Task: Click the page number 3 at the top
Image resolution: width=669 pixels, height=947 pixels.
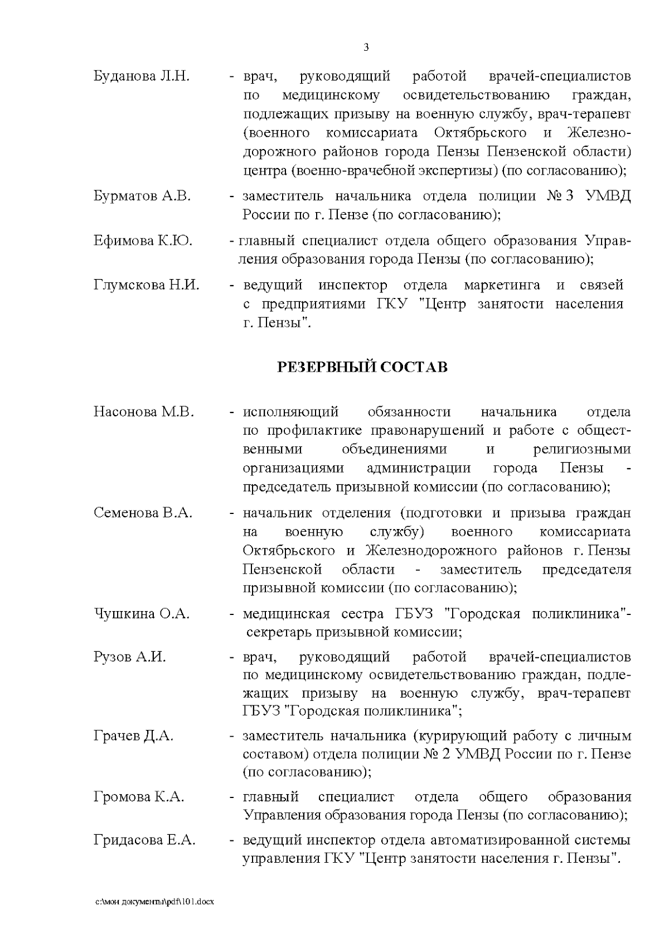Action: (x=366, y=47)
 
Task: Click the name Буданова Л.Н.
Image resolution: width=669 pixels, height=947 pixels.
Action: (x=142, y=76)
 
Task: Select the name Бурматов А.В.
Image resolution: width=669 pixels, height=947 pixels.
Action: (x=142, y=196)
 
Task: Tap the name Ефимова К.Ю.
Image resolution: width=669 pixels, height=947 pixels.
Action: (x=143, y=241)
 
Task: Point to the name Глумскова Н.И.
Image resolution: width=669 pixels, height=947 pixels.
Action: (x=146, y=286)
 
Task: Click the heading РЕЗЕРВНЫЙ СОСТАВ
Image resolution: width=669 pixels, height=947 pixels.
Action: (x=362, y=368)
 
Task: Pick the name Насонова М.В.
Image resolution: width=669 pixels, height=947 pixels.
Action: (x=144, y=412)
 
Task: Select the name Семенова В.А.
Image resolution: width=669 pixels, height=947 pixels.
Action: (x=143, y=513)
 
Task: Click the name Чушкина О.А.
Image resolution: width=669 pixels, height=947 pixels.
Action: (x=142, y=614)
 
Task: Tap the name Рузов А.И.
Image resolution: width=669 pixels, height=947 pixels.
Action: (x=130, y=657)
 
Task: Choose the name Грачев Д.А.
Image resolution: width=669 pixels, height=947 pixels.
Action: (x=133, y=736)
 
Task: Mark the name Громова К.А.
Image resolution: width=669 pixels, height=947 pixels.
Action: (x=139, y=797)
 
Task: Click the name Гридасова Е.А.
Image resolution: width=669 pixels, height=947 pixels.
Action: (x=144, y=840)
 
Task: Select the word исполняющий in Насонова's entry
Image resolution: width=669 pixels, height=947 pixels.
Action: (x=290, y=412)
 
